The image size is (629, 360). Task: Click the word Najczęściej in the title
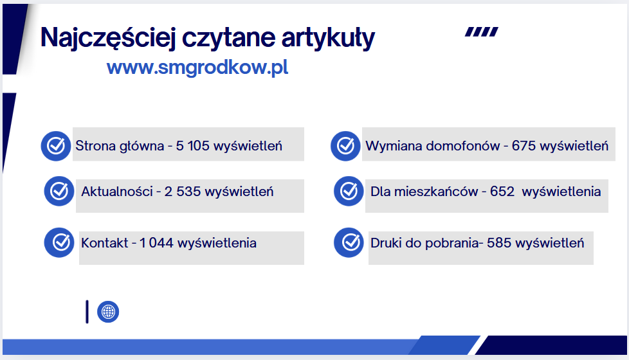coord(108,38)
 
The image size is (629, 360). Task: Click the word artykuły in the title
coord(328,38)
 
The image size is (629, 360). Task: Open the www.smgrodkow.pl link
coord(197,67)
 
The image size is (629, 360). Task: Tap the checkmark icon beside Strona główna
coord(56,146)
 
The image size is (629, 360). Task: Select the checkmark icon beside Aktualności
coord(59,191)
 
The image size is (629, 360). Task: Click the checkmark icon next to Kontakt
coord(59,242)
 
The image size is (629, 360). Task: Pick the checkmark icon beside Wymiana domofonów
coord(345,146)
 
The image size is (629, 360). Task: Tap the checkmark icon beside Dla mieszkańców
coord(349,191)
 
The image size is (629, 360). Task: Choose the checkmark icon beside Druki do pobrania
coord(349,242)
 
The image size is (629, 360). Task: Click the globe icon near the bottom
coord(108,312)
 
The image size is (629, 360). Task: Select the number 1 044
coord(156,243)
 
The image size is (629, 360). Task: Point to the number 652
coord(502,192)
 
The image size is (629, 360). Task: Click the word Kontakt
coord(105,243)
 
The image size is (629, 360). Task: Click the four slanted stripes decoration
coord(482,32)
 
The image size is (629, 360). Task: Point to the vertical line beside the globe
coord(87,312)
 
